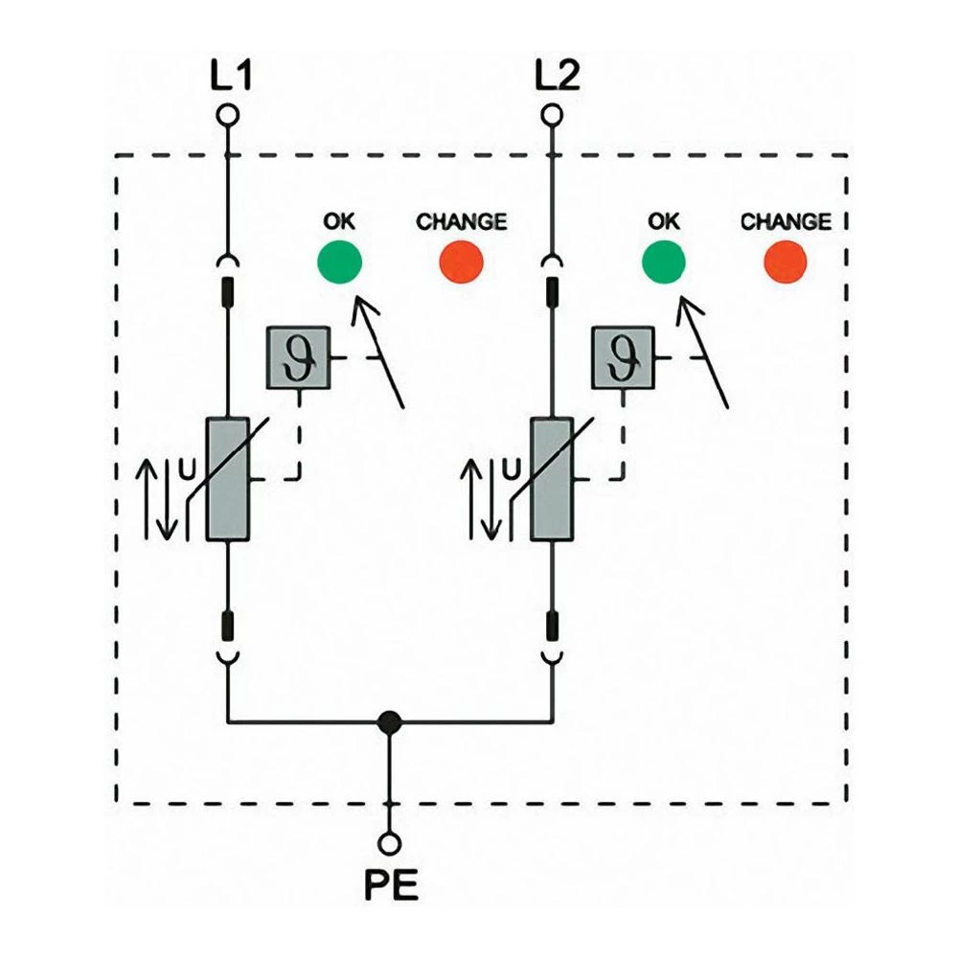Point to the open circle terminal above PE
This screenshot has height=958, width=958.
[389, 843]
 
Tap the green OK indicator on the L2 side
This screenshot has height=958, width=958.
[663, 262]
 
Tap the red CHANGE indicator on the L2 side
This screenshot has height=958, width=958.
[785, 262]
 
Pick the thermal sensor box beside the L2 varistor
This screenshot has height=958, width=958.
[623, 357]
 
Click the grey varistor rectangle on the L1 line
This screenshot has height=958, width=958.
[228, 480]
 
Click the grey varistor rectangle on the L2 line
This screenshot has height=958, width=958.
[552, 480]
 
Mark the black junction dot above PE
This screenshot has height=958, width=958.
[389, 721]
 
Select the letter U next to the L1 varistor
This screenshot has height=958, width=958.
[188, 468]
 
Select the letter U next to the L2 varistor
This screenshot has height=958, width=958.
[512, 468]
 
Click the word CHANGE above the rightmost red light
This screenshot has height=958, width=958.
[786, 221]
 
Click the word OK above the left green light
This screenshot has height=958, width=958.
[338, 221]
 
